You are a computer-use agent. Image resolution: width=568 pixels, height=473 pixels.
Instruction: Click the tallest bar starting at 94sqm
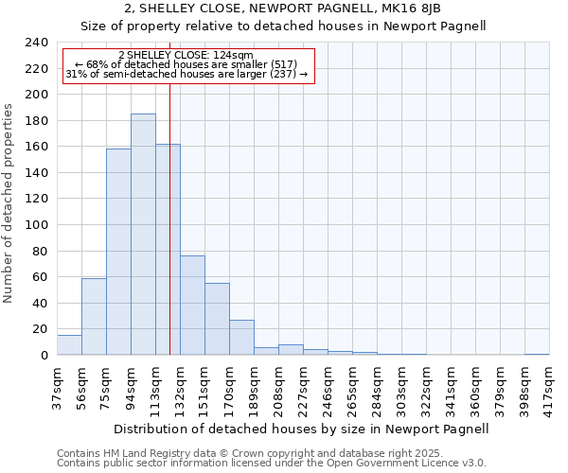[143, 235]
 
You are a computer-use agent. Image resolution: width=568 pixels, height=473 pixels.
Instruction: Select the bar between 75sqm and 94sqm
[118, 252]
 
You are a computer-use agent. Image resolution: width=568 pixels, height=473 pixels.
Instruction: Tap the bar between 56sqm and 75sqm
[94, 316]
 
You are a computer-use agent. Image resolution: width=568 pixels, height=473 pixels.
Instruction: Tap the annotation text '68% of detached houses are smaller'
[186, 64]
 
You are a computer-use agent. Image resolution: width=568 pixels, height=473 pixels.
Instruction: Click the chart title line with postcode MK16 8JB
[284, 9]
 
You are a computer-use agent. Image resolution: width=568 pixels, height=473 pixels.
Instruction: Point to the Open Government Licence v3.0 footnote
[272, 464]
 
